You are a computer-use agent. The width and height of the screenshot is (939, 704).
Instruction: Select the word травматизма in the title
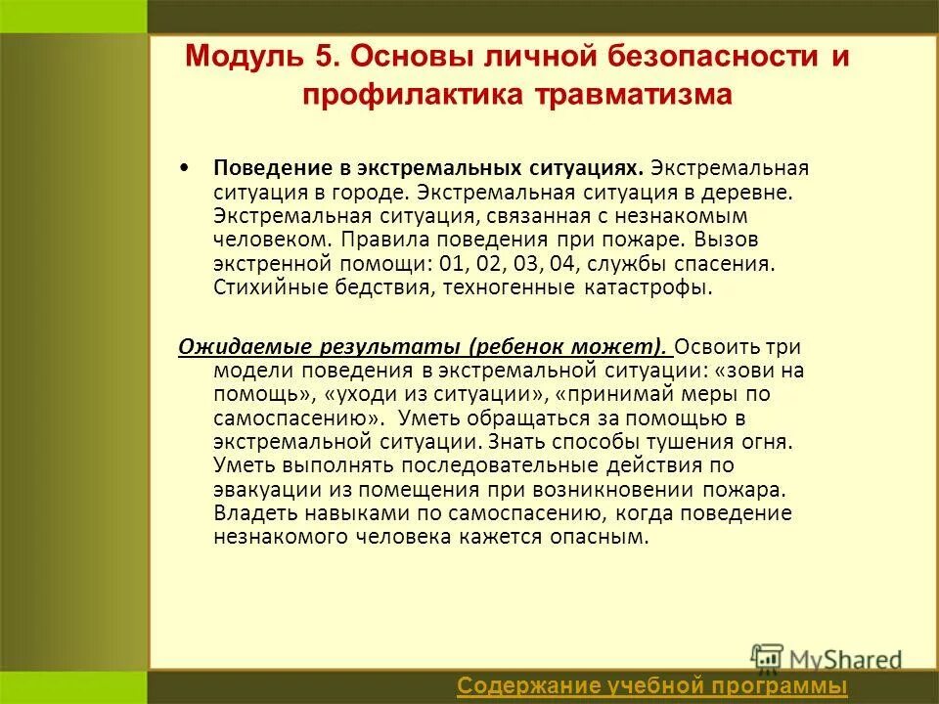(x=634, y=95)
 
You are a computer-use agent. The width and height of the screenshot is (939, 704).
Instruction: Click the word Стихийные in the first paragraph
(x=257, y=288)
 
